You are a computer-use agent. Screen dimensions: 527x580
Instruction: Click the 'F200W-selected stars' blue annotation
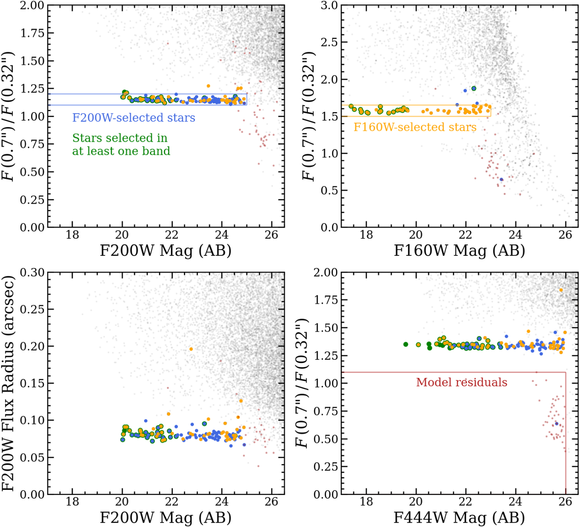coord(133,118)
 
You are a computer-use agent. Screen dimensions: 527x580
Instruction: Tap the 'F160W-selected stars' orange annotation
coord(415,127)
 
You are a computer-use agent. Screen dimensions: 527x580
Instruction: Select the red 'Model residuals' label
coord(461,382)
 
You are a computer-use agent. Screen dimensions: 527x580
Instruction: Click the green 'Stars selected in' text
coord(120,138)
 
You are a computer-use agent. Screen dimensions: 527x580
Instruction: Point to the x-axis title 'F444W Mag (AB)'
coord(459,517)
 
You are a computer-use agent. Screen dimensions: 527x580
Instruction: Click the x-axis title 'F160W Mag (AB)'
coord(459,250)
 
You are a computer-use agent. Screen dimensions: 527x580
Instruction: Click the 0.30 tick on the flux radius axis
coord(32,272)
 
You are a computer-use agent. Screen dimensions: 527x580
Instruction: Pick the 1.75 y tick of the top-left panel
coord(32,33)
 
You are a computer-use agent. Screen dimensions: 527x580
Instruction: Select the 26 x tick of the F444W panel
coord(565,502)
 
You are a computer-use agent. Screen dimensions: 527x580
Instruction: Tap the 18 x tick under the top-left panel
coord(72,235)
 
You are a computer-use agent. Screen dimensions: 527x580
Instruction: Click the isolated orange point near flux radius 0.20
coord(191,349)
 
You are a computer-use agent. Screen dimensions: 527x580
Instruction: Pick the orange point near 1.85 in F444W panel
coord(561,290)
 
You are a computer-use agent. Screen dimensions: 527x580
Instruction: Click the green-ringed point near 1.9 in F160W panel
coord(474,88)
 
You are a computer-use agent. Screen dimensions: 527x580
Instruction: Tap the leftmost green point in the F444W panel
coord(406,344)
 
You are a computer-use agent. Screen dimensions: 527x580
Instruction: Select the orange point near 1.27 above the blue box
coord(208,86)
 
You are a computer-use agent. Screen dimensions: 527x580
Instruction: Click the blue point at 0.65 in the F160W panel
coord(502,179)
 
